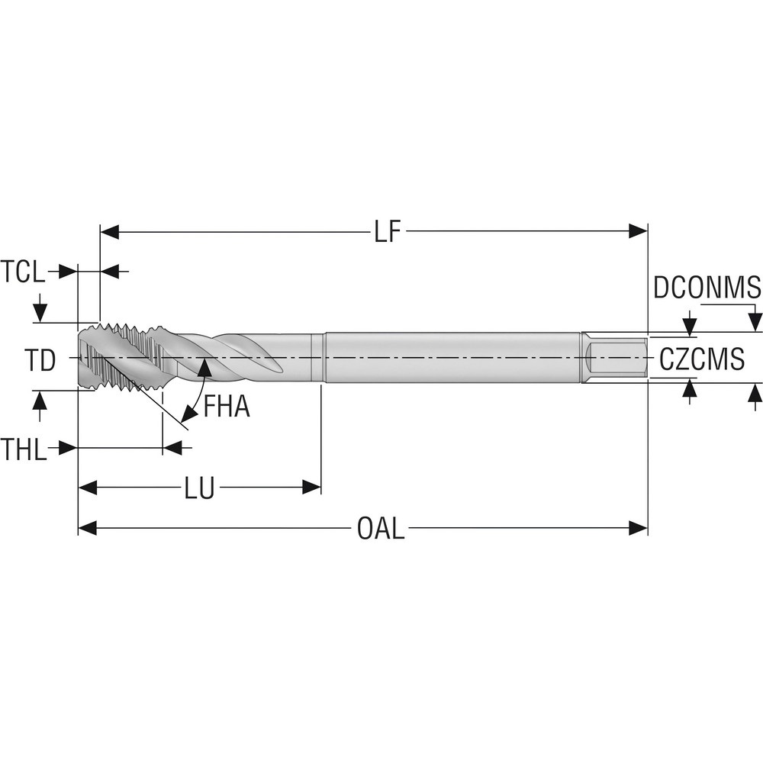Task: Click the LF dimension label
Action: pyautogui.click(x=387, y=232)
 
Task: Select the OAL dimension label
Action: pyautogui.click(x=381, y=528)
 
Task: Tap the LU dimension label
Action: pyautogui.click(x=199, y=488)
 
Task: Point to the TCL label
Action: pyautogui.click(x=23, y=272)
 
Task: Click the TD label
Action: pyautogui.click(x=38, y=361)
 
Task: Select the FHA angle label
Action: pyautogui.click(x=227, y=407)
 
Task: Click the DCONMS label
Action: pyautogui.click(x=707, y=288)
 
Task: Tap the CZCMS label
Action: pyautogui.click(x=701, y=359)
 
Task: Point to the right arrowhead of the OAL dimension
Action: pyautogui.click(x=638, y=528)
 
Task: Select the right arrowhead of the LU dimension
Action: pyautogui.click(x=311, y=488)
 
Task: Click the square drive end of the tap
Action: pyautogui.click(x=615, y=357)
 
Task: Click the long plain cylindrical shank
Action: pyautogui.click(x=450, y=357)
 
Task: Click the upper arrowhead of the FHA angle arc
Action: pyautogui.click(x=204, y=367)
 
